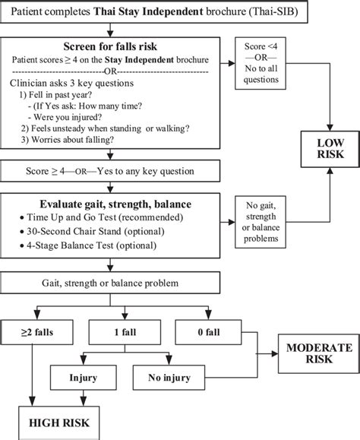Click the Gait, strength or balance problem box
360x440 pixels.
[x=114, y=283]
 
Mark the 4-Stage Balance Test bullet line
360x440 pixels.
[x=91, y=245]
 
